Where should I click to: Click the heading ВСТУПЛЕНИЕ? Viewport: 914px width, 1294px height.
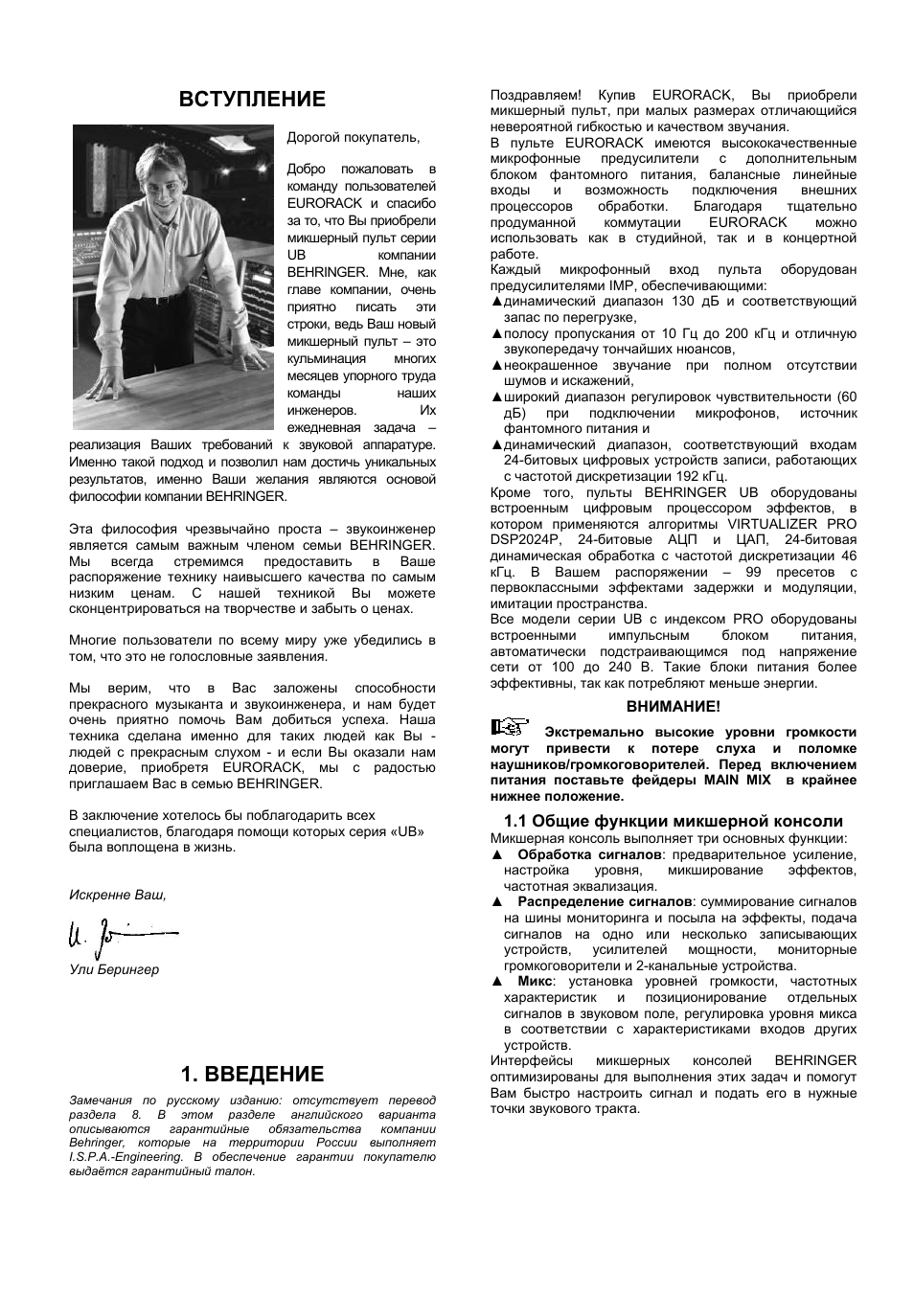tap(253, 100)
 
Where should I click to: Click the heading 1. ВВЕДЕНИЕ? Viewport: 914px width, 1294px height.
tap(253, 1074)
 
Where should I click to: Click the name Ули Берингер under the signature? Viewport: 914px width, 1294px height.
tap(114, 969)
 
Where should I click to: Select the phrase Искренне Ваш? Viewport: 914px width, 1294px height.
tap(117, 895)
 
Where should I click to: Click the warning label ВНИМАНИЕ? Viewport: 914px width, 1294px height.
tap(673, 706)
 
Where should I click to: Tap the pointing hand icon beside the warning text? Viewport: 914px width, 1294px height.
tap(510, 727)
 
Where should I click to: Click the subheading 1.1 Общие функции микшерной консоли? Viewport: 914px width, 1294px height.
tap(673, 821)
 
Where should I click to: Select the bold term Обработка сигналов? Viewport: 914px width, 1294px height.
tap(589, 854)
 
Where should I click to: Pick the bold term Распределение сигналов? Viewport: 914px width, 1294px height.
tap(605, 902)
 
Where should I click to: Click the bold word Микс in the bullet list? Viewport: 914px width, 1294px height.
tap(535, 982)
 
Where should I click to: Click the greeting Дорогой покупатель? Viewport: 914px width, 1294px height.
tap(354, 138)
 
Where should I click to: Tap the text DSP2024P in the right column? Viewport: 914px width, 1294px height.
tap(526, 540)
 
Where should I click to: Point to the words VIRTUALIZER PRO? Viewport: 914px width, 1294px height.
tap(791, 524)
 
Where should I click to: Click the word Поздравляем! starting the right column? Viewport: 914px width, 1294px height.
tap(536, 95)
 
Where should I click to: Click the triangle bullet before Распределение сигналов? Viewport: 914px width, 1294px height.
tap(496, 902)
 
